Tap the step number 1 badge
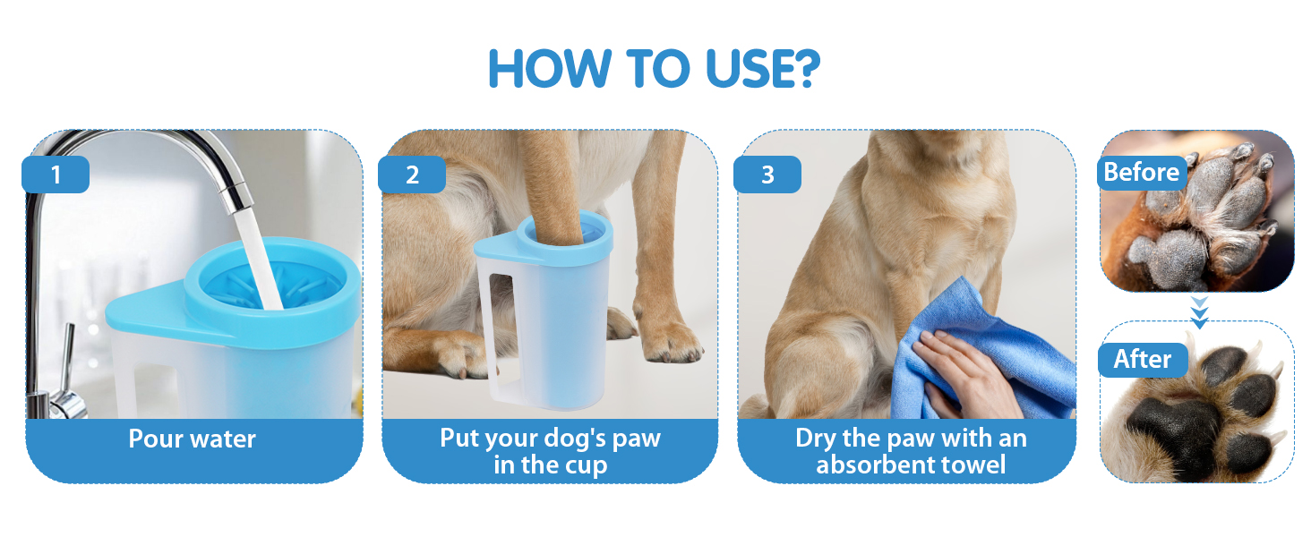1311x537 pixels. [x=56, y=175]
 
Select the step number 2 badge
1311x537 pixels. [x=412, y=175]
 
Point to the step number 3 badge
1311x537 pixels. [x=767, y=175]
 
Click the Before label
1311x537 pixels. [x=1141, y=172]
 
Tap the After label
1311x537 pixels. [x=1143, y=359]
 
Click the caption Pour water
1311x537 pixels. [x=192, y=439]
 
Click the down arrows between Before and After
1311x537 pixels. [x=1199, y=312]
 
